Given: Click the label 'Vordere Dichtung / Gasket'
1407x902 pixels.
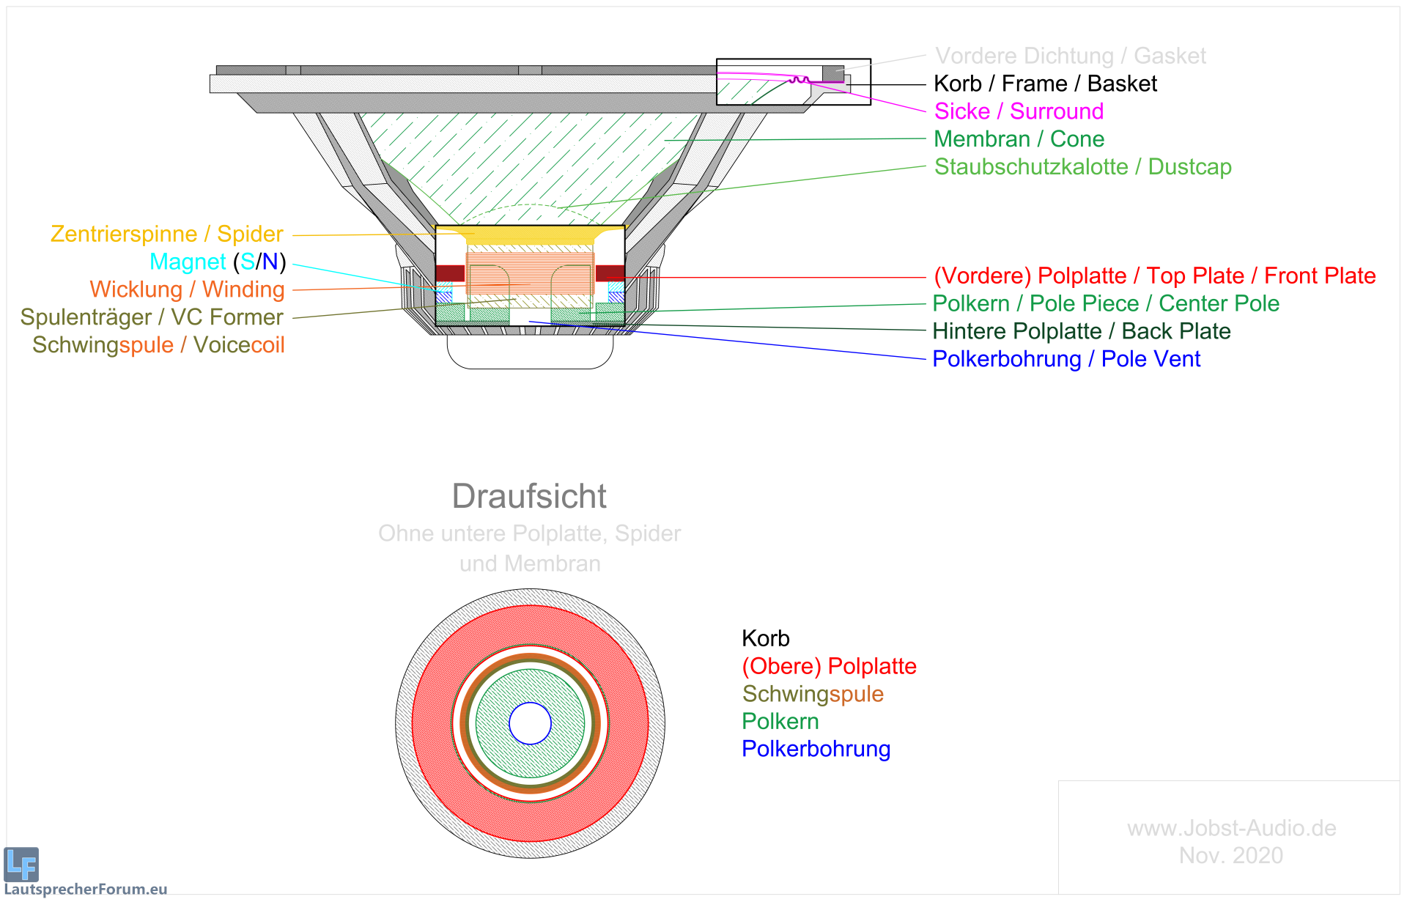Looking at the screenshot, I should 1070,56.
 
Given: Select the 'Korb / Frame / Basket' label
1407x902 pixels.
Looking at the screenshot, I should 1044,84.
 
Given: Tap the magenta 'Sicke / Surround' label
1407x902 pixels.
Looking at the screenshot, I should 1019,111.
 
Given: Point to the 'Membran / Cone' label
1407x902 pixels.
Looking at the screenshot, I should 1019,139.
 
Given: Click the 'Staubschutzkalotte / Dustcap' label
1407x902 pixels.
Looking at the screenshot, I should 1082,167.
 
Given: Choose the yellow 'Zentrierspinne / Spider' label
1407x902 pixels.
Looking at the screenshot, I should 166,234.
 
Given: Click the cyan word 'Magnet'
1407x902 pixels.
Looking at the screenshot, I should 188,262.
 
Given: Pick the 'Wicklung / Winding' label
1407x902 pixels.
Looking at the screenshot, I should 187,289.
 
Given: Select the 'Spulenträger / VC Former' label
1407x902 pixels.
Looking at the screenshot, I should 151,317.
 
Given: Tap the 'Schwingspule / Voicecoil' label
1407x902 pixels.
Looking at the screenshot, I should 158,345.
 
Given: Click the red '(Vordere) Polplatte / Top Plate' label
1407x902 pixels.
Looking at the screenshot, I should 1154,276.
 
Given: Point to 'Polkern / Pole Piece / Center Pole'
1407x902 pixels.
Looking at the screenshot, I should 1105,303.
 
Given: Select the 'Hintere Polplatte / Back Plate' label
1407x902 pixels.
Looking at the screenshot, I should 1081,331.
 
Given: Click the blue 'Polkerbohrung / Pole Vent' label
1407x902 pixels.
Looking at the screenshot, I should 1066,359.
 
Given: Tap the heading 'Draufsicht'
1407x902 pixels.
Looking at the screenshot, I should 529,496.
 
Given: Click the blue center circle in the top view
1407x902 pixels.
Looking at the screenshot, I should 530,723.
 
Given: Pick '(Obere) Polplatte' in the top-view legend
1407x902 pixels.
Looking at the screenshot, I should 829,666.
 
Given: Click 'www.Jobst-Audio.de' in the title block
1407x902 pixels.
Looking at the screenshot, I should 1231,828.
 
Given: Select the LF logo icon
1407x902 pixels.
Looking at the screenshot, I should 21,865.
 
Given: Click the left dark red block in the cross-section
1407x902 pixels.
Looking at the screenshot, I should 450,273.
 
